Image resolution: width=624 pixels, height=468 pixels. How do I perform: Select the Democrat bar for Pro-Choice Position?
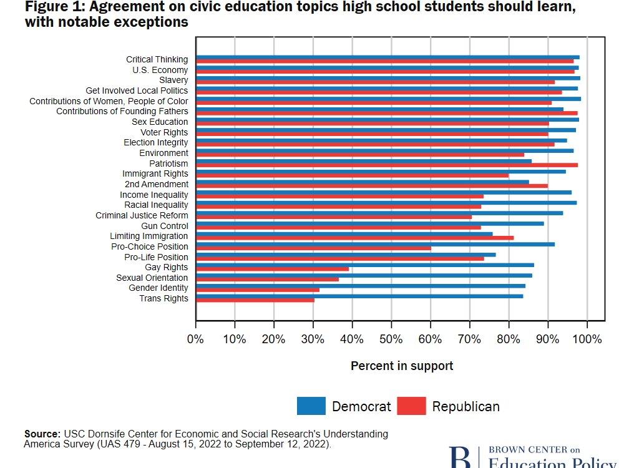pos(375,244)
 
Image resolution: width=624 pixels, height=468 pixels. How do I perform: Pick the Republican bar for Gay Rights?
pos(272,269)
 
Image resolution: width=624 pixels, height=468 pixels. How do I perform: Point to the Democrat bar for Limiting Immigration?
pos(344,234)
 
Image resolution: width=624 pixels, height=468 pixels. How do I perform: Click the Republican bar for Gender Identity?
pos(257,290)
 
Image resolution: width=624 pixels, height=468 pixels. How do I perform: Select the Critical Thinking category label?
pos(157,59)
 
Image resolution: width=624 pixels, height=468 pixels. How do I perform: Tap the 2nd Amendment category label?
pos(156,184)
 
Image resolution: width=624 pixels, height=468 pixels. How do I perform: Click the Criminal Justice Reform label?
pos(142,215)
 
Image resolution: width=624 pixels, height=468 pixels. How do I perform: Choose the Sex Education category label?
pos(160,122)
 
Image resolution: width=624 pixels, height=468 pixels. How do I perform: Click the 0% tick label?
pos(195,339)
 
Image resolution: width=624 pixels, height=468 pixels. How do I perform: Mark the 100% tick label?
pos(587,339)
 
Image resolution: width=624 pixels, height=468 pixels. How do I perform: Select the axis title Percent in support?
pos(402,366)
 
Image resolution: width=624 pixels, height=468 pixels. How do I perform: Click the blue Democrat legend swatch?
pos(311,406)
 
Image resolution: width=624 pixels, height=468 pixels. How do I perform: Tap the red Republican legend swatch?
pos(411,406)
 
